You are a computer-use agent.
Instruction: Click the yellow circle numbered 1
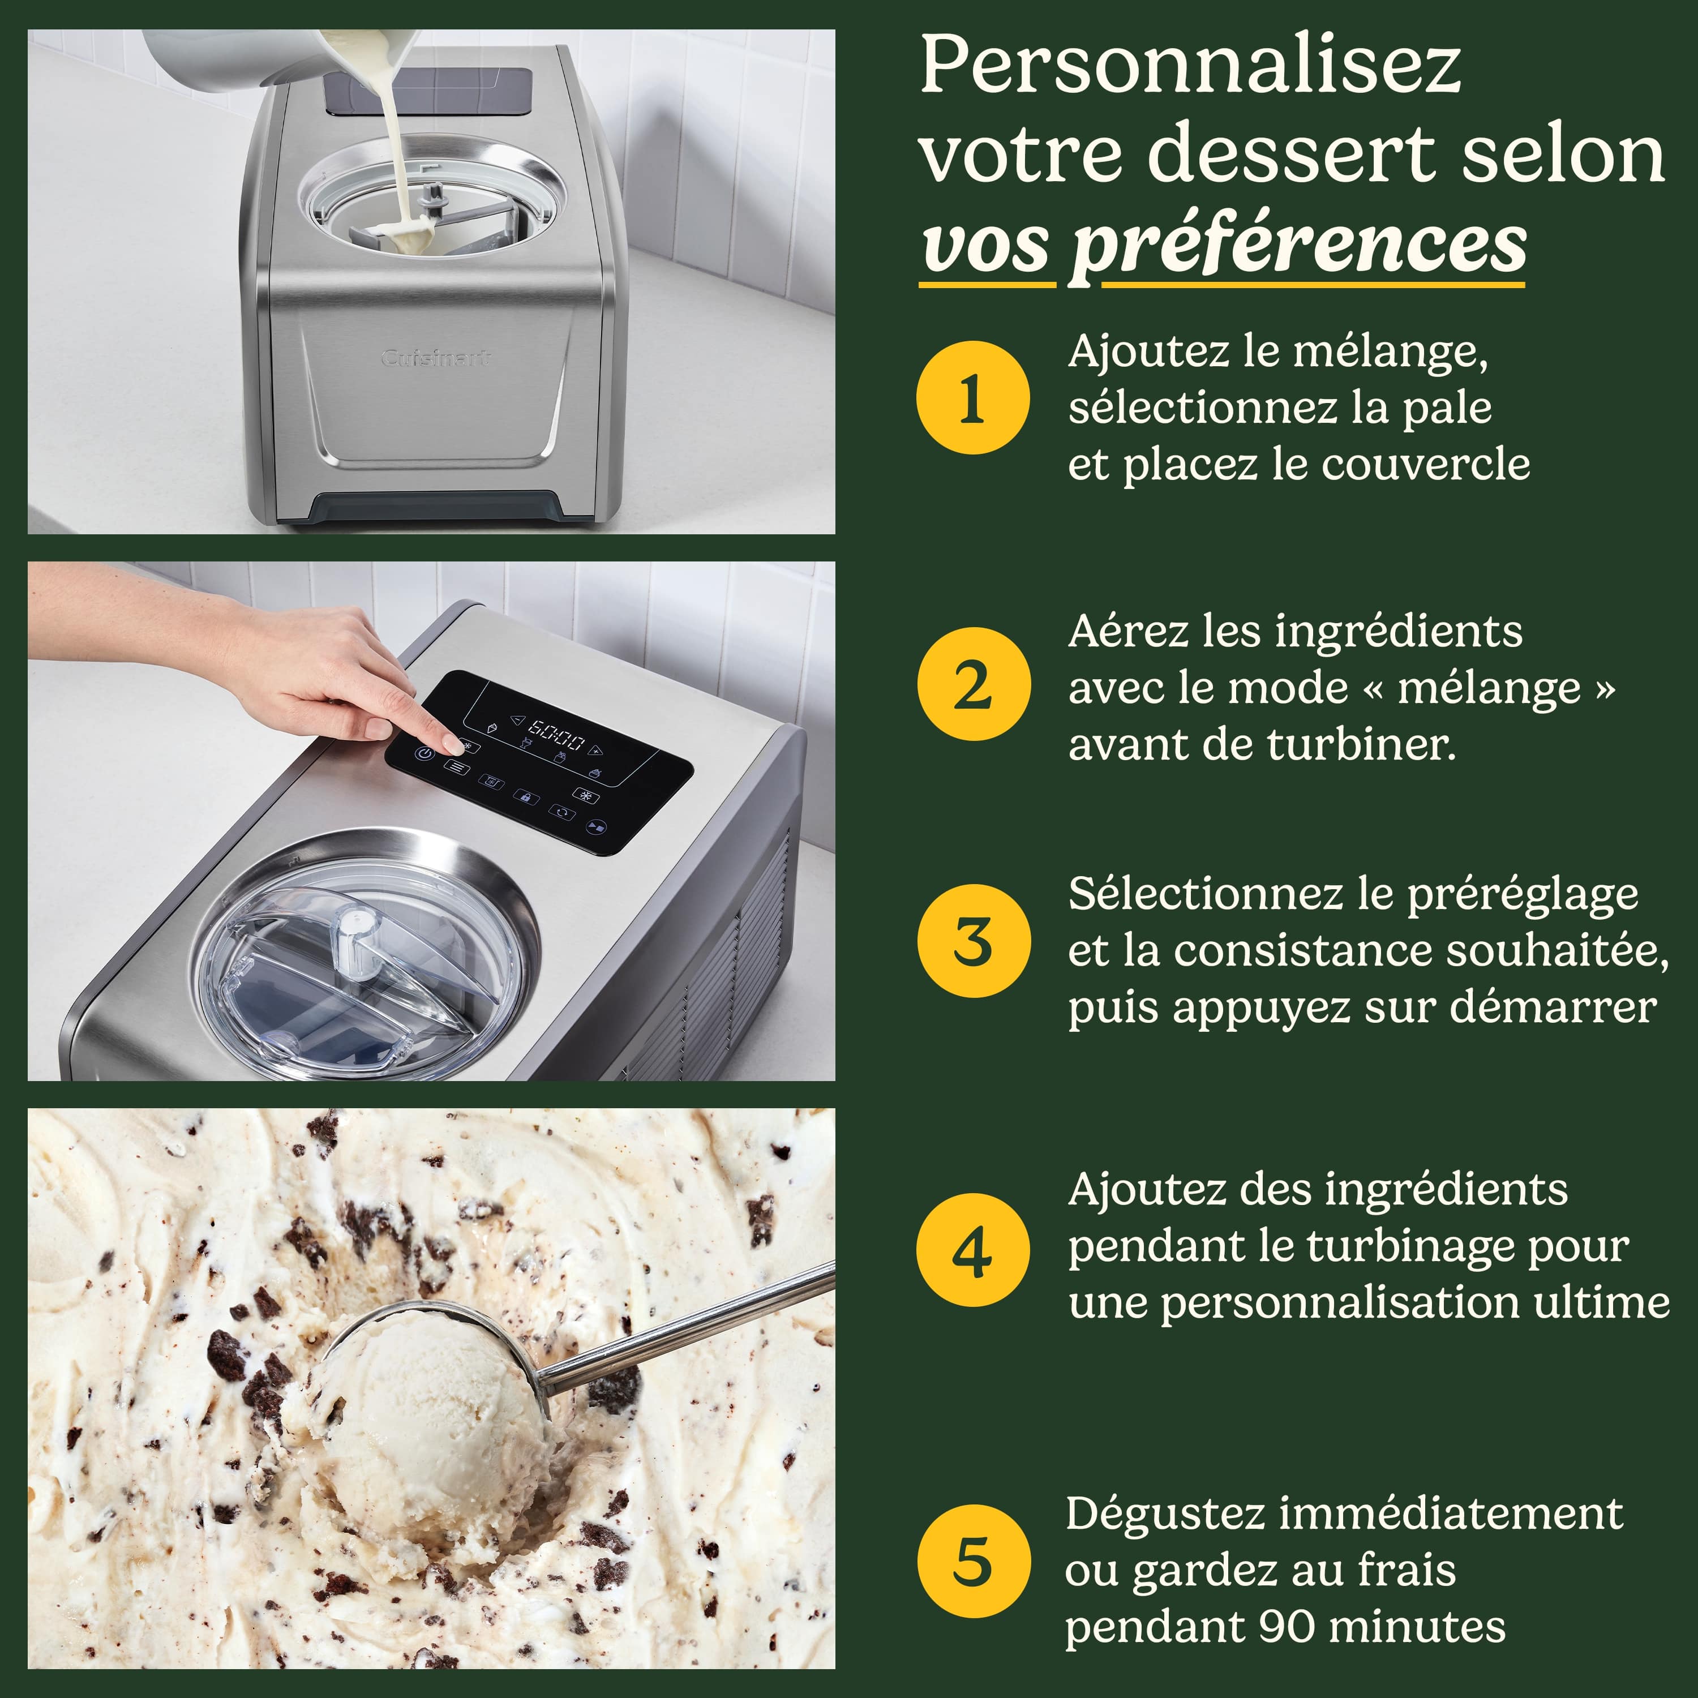972,397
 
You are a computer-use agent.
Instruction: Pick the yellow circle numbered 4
972,1250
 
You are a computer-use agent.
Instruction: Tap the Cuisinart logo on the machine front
435,358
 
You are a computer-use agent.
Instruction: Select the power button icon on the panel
424,754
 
